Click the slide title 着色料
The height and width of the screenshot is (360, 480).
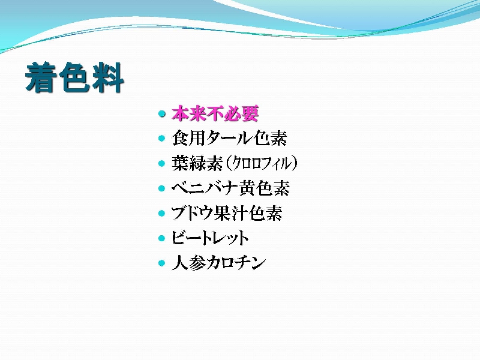pyautogui.click(x=74, y=77)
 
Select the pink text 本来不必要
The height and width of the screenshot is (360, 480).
pyautogui.click(x=215, y=114)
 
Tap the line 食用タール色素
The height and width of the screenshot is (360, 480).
pyautogui.click(x=229, y=138)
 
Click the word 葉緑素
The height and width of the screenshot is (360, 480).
pyautogui.click(x=197, y=163)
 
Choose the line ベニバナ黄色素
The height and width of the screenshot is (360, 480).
pyautogui.click(x=230, y=188)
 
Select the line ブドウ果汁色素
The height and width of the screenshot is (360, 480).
pyautogui.click(x=227, y=213)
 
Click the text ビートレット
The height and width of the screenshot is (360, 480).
pyautogui.click(x=210, y=238)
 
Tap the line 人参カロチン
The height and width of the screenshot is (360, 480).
pyautogui.click(x=218, y=263)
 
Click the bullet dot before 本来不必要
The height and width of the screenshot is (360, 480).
pyautogui.click(x=162, y=114)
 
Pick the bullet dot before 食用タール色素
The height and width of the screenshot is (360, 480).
pyautogui.click(x=162, y=139)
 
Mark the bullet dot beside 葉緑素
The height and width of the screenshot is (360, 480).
pyautogui.click(x=162, y=163)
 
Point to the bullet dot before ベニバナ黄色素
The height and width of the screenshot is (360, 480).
pyautogui.click(x=162, y=188)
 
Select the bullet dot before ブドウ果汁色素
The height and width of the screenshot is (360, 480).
pyautogui.click(x=162, y=214)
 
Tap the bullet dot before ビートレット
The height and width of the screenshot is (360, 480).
pyautogui.click(x=162, y=238)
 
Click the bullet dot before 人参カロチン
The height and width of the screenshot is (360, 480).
pyautogui.click(x=162, y=263)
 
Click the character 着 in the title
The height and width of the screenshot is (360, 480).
pyautogui.click(x=41, y=77)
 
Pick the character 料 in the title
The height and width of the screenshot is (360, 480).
pyautogui.click(x=108, y=77)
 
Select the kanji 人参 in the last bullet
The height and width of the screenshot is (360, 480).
pyautogui.click(x=189, y=263)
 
